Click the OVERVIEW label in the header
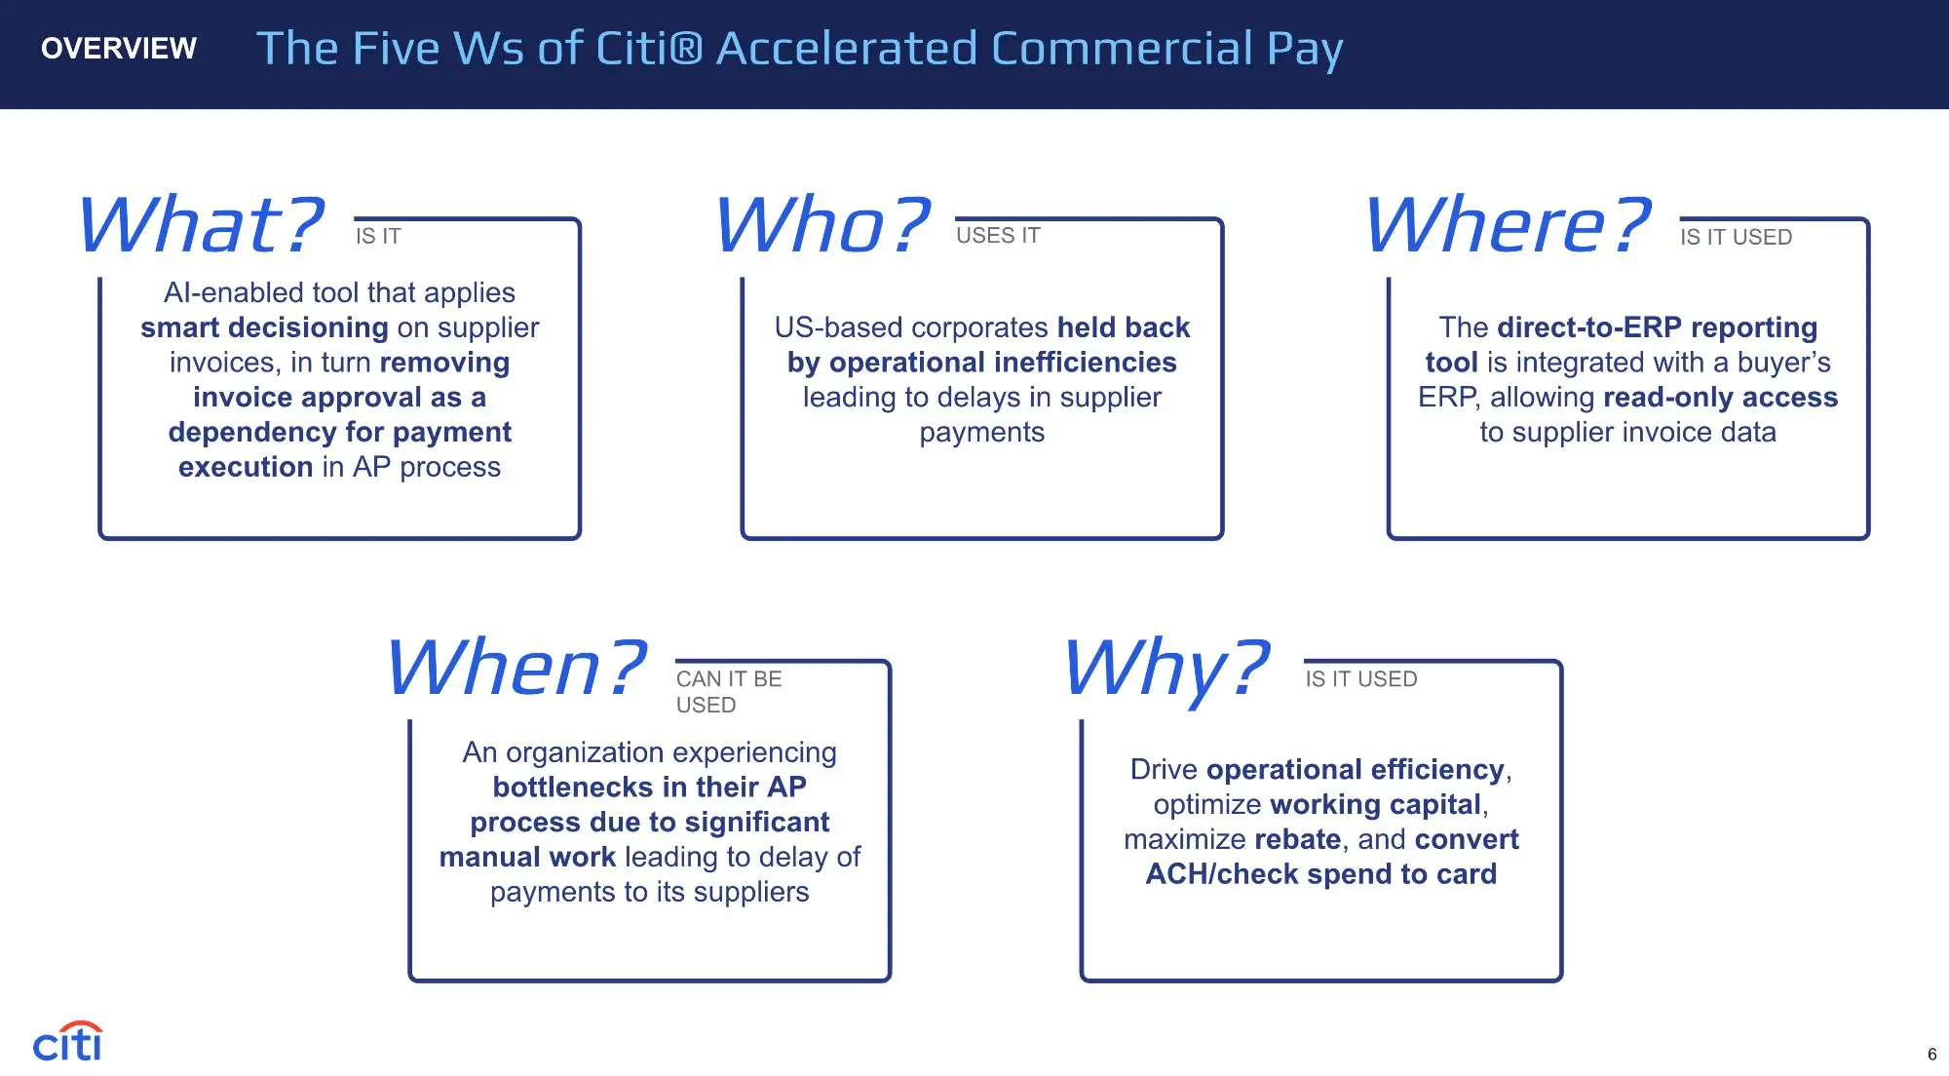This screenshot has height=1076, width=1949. point(119,48)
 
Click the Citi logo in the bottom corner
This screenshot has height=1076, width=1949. point(67,1041)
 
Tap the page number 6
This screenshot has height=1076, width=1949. point(1932,1055)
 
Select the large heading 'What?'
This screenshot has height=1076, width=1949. point(201,224)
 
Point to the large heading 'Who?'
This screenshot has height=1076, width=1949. point(822,224)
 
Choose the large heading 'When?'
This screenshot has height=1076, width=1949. point(516,668)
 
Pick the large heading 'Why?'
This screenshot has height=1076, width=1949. point(1167,670)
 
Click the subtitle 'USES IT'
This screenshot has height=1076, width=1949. point(998,236)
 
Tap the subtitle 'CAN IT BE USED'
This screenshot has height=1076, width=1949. point(729,692)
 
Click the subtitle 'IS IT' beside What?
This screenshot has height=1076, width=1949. point(378,236)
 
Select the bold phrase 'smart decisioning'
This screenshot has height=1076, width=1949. point(264,327)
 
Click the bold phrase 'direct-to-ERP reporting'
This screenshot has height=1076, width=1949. point(1658,327)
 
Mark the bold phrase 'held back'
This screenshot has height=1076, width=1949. point(1124,327)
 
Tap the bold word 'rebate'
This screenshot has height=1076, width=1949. point(1298,839)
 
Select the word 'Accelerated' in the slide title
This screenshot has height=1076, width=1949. point(847,49)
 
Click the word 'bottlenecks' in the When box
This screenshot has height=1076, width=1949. point(573,787)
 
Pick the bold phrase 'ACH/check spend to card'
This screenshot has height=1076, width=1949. point(1321,874)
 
